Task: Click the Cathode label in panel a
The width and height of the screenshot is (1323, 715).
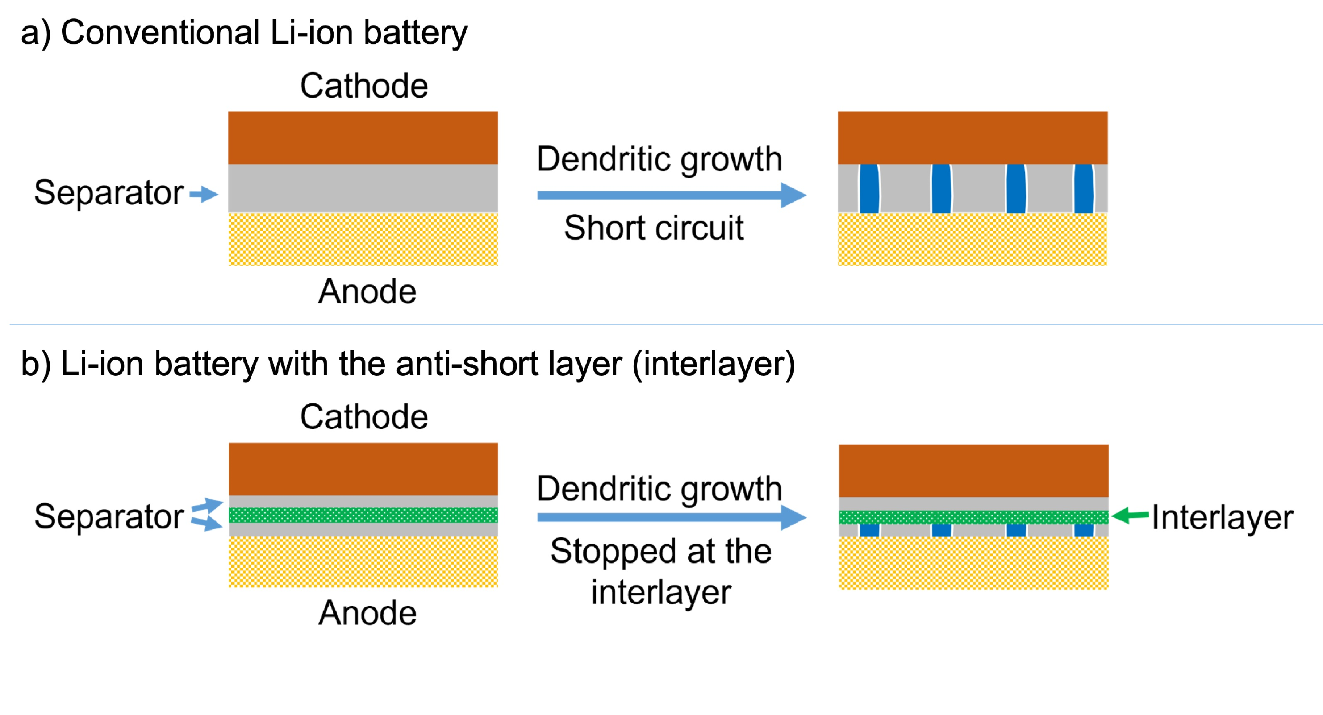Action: [x=364, y=86]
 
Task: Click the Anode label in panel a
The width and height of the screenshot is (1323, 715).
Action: [x=367, y=292]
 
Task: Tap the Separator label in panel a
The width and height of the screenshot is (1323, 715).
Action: [x=108, y=193]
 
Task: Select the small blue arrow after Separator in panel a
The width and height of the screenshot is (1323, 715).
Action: [x=204, y=194]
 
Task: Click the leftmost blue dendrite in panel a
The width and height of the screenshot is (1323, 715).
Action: [x=869, y=189]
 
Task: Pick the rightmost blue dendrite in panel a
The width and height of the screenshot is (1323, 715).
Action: [x=1084, y=189]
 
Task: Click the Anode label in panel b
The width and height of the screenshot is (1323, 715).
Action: [x=367, y=613]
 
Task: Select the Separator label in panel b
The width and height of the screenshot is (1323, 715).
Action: [x=108, y=517]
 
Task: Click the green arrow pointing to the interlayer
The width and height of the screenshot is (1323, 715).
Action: [x=1130, y=515]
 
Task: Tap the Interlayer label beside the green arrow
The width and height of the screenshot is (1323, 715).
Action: [x=1222, y=517]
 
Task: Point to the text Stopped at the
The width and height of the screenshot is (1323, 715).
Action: [x=661, y=551]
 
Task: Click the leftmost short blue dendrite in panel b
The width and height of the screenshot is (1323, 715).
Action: [x=869, y=530]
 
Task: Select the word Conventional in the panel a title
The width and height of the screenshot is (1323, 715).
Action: [x=160, y=33]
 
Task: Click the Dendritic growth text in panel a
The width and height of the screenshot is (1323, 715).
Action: [x=659, y=159]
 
